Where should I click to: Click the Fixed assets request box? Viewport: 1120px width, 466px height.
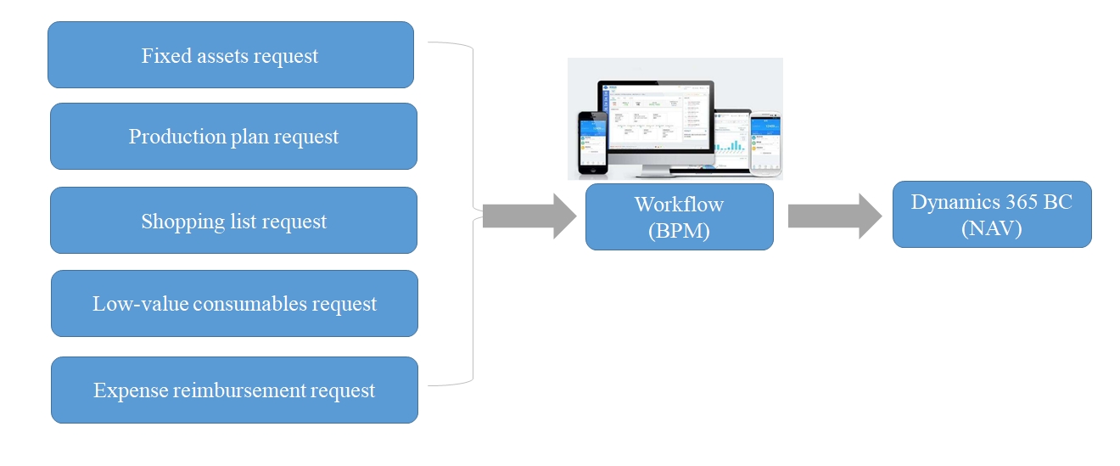coord(230,55)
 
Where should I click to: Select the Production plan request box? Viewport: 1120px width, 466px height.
coord(233,137)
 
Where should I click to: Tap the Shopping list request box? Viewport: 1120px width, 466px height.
coord(233,221)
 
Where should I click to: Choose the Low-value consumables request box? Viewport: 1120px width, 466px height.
coord(234,304)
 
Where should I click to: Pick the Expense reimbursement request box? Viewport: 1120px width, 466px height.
coord(234,390)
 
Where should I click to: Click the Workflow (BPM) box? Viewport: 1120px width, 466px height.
coord(679,216)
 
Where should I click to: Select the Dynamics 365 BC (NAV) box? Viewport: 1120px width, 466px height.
coord(991,214)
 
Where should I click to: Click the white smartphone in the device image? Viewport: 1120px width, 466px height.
coord(765,142)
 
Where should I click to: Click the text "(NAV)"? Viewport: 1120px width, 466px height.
coord(991,227)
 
